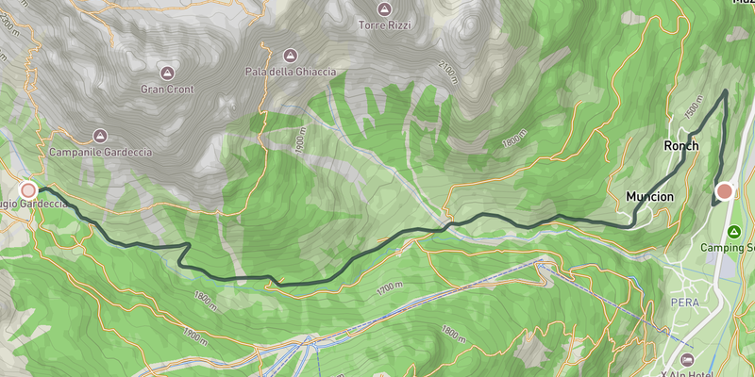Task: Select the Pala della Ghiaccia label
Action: [x=290, y=72]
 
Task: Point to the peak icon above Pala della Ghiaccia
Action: [x=290, y=55]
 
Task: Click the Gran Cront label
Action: [x=167, y=90]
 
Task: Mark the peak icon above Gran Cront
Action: [x=167, y=73]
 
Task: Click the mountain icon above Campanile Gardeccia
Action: [x=100, y=136]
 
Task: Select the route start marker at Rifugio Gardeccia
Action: [x=29, y=189]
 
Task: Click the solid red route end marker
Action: [x=725, y=192]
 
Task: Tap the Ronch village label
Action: [x=680, y=146]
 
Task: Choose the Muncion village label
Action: [x=649, y=197]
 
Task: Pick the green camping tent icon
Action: [x=735, y=231]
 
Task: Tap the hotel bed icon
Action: [x=686, y=359]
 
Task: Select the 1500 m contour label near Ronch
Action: [x=694, y=110]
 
